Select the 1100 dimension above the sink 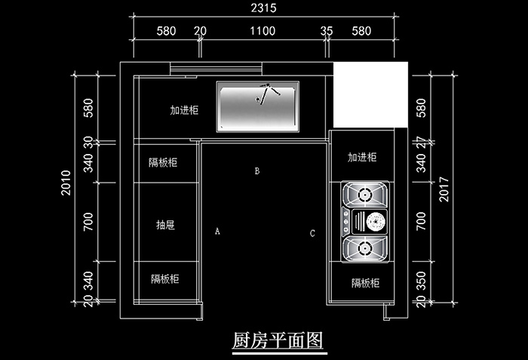262,31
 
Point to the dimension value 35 326,31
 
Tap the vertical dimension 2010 66,183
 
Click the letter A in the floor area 217,231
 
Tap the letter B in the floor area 257,171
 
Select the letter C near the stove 312,233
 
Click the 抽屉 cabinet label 165,225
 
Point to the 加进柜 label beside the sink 184,110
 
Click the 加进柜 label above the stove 361,158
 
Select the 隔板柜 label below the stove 365,283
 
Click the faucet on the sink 266,94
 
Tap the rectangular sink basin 258,105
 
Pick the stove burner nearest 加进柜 366,195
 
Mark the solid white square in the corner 370,95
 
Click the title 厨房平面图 278,340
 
